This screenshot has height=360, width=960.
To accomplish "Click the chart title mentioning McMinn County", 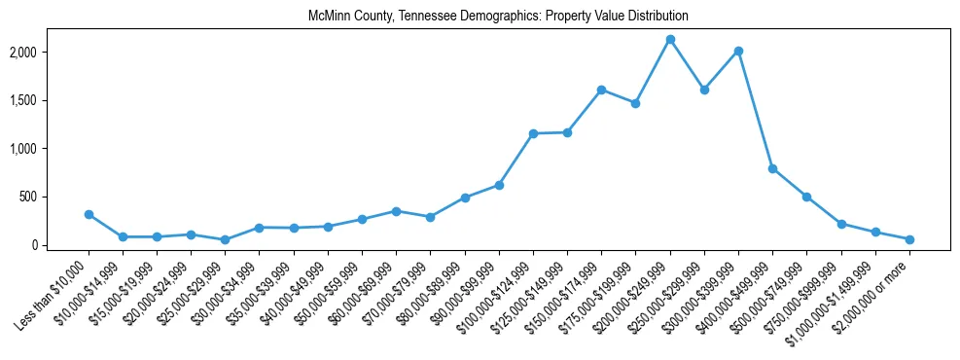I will [x=498, y=17].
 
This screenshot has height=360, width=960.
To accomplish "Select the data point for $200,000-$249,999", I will [x=670, y=40].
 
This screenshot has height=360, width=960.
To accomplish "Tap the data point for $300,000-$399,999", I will [x=738, y=51].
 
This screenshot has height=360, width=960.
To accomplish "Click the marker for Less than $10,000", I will [x=89, y=214].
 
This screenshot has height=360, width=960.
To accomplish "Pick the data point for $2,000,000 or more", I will [x=909, y=239].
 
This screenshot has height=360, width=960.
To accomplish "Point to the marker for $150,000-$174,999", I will [x=601, y=90].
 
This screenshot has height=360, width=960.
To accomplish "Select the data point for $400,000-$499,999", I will [x=772, y=168].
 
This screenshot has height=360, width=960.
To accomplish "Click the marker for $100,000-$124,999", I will [x=533, y=133].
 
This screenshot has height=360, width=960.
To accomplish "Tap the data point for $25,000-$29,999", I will [x=225, y=239].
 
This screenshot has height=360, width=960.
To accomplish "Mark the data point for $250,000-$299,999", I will [x=704, y=90].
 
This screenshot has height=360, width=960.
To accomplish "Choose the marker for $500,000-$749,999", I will [x=806, y=197].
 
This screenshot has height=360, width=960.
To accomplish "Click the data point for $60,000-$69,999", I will [x=396, y=211].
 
